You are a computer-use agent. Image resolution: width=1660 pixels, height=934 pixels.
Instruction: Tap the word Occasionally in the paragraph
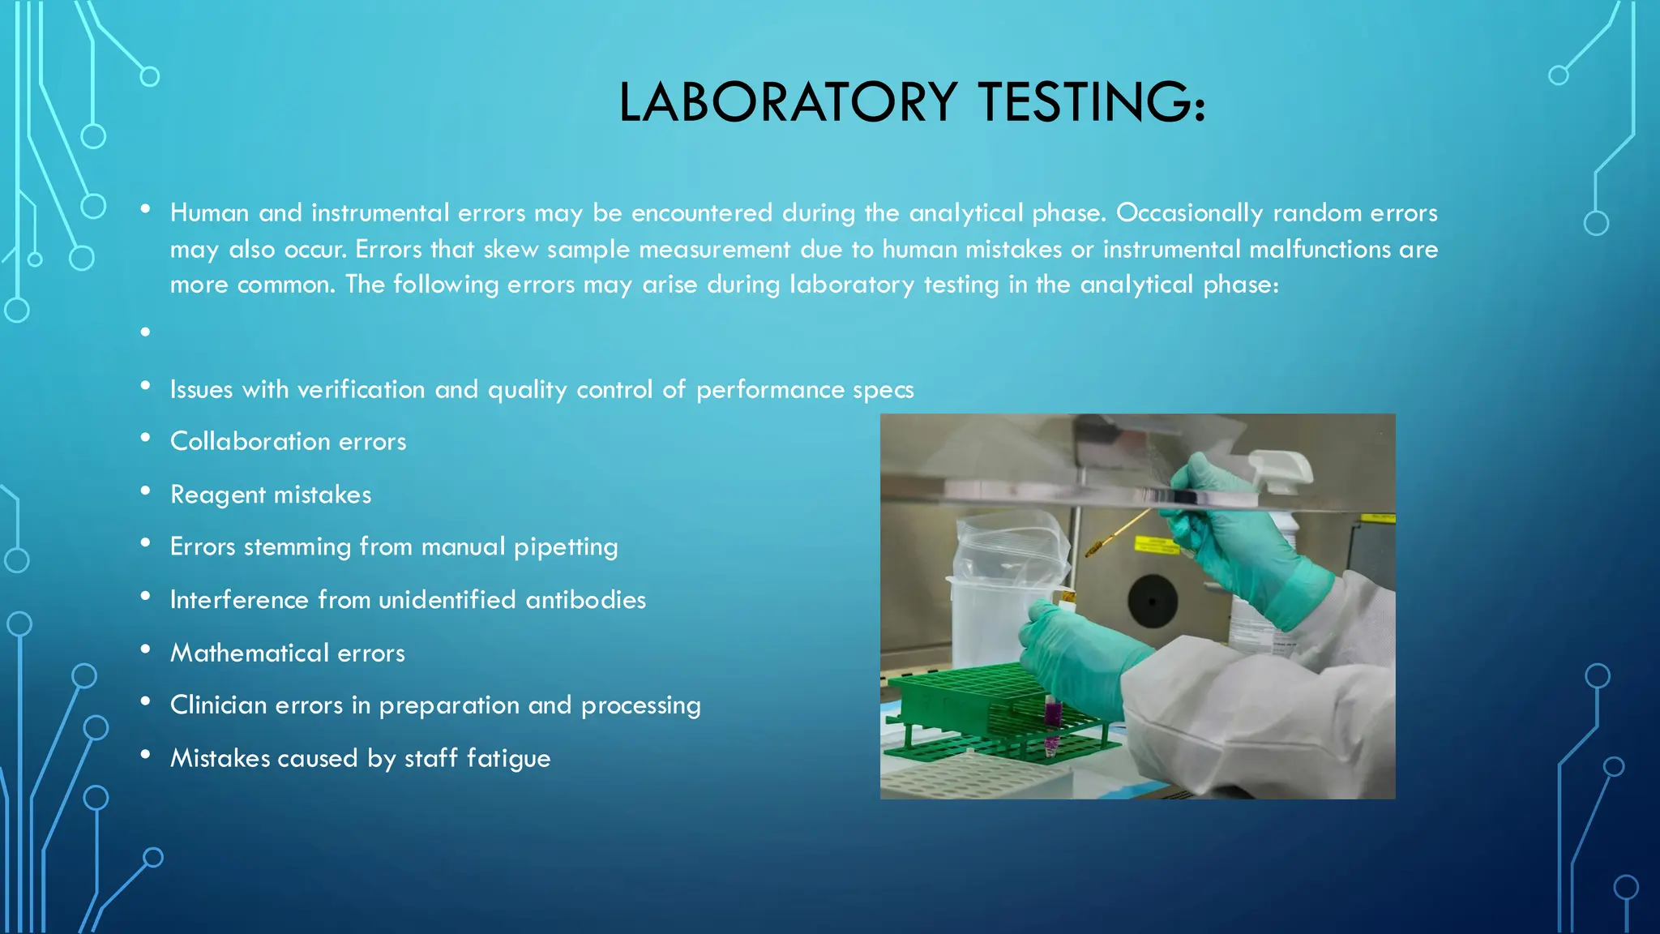coord(1189,212)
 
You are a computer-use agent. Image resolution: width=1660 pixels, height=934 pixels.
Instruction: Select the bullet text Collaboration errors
coord(288,442)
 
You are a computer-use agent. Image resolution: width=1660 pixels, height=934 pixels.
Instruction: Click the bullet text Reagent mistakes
coord(271,495)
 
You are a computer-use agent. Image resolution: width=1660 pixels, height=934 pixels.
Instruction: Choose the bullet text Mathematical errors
coord(287,653)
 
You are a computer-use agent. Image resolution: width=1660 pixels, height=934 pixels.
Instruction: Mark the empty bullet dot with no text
coord(145,332)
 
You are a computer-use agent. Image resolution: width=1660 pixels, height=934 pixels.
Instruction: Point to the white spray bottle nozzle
coord(1281,471)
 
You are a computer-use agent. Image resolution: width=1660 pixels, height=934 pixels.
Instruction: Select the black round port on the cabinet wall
coord(1153,602)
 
